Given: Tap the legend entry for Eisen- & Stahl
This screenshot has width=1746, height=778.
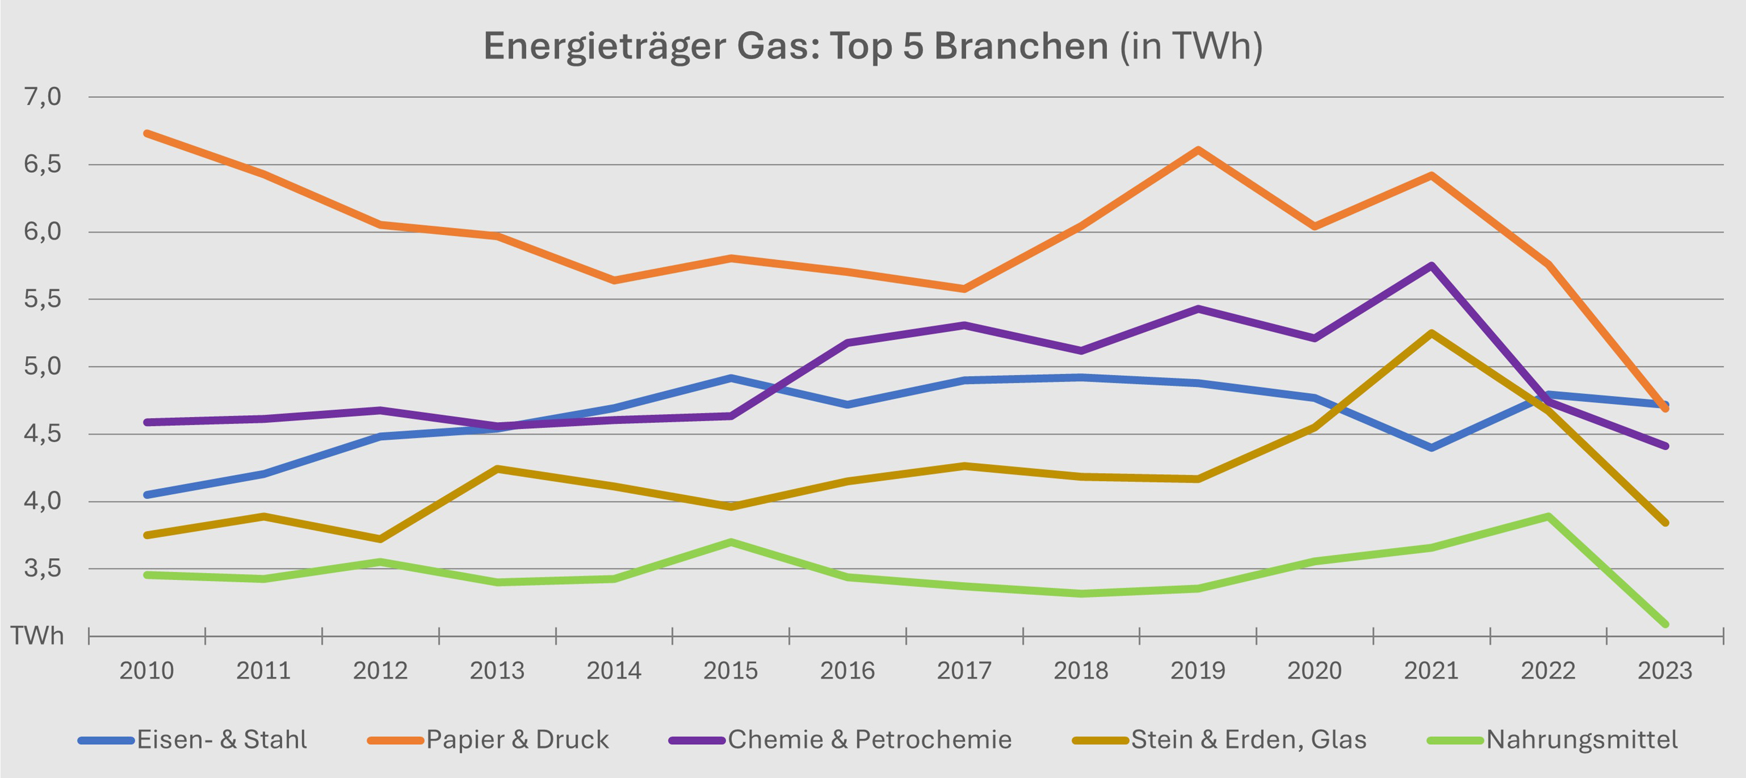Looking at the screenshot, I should coord(221,739).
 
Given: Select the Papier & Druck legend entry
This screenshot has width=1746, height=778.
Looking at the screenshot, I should coord(517,739).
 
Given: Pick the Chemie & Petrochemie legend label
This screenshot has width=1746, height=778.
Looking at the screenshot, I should coord(869,739).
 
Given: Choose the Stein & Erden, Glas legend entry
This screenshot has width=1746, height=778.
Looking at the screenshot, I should coord(1248,739).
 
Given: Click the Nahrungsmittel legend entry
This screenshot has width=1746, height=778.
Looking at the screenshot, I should coord(1581,739).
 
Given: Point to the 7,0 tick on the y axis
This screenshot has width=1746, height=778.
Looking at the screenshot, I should coord(42,97).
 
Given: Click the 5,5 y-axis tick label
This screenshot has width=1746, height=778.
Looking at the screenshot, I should coord(42,299).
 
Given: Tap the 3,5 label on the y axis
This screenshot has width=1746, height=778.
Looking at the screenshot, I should coord(42,568).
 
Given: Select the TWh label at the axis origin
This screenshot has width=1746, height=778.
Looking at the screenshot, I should coord(37,636).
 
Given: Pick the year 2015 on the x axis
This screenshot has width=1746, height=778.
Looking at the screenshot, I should coord(731,671).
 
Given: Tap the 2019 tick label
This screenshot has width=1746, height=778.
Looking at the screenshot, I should coord(1198,671).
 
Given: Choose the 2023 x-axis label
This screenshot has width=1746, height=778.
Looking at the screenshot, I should coord(1665,671).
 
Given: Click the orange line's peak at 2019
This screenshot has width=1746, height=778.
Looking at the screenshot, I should coord(1198,150).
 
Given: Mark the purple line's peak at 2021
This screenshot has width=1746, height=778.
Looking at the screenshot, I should coord(1432,266).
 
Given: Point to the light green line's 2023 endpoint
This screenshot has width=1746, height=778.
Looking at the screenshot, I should coord(1665,624).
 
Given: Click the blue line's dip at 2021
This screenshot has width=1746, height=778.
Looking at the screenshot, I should coord(1432,447).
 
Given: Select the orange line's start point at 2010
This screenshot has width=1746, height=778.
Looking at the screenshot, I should coord(147,134).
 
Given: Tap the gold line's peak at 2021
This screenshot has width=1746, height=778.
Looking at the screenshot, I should coord(1432,333).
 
